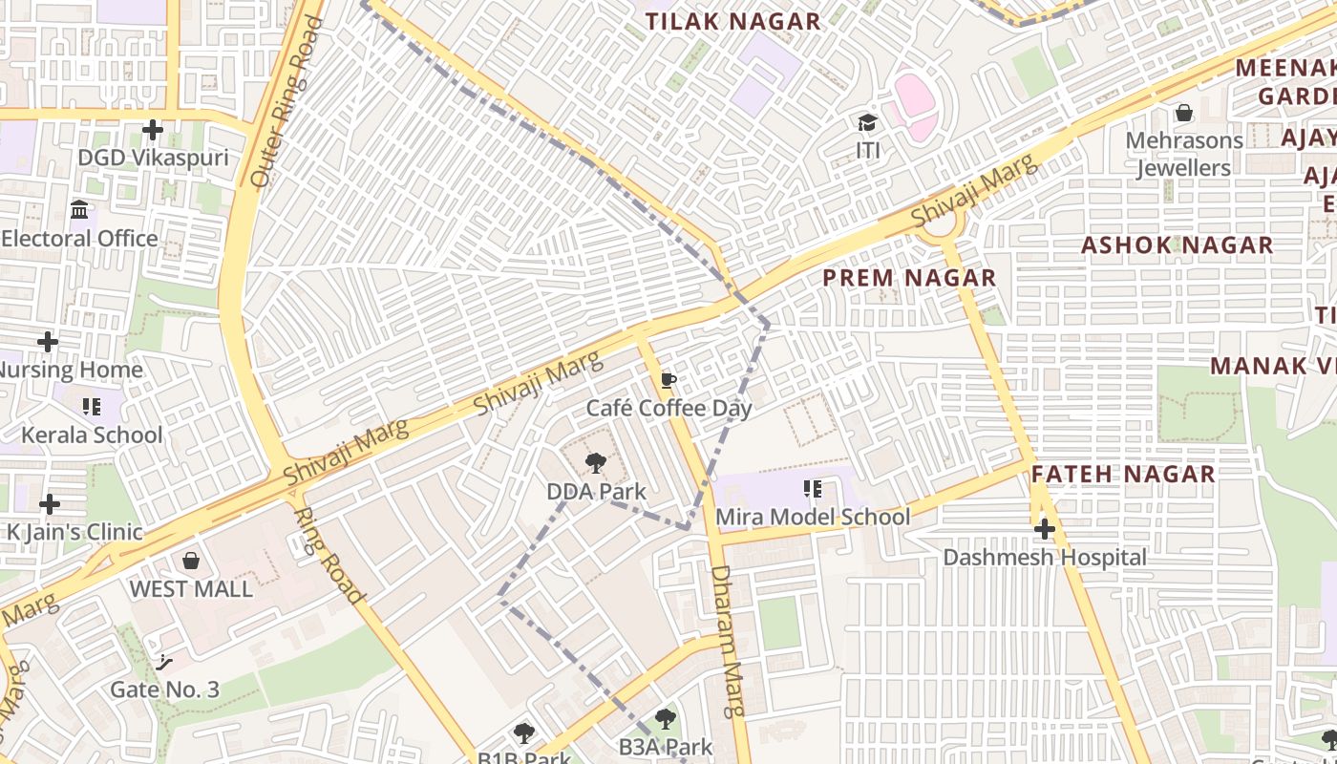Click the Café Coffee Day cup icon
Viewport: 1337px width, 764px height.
coord(668,381)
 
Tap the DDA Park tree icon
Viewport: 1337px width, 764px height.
coord(596,464)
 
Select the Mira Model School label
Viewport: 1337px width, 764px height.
coord(813,517)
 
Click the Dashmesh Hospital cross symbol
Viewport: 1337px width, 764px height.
coord(1045,529)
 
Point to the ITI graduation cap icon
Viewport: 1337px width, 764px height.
coord(867,123)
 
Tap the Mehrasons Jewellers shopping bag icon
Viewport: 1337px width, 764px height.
coord(1184,113)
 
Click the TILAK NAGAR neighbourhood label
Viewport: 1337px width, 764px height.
coord(732,21)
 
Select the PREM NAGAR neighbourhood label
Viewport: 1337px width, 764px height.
coord(909,278)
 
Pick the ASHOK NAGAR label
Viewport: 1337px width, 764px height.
coord(1177,245)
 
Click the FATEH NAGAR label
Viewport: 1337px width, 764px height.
coord(1123,474)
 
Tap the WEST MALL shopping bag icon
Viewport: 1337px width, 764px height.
coord(191,561)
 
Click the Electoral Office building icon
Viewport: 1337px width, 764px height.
coord(80,209)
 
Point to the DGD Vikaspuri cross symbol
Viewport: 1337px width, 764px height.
coord(153,129)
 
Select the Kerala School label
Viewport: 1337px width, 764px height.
coord(92,435)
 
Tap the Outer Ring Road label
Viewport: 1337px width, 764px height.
coord(286,100)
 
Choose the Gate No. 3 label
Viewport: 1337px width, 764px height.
coord(164,690)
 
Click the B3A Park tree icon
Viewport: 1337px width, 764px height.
coord(665,719)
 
